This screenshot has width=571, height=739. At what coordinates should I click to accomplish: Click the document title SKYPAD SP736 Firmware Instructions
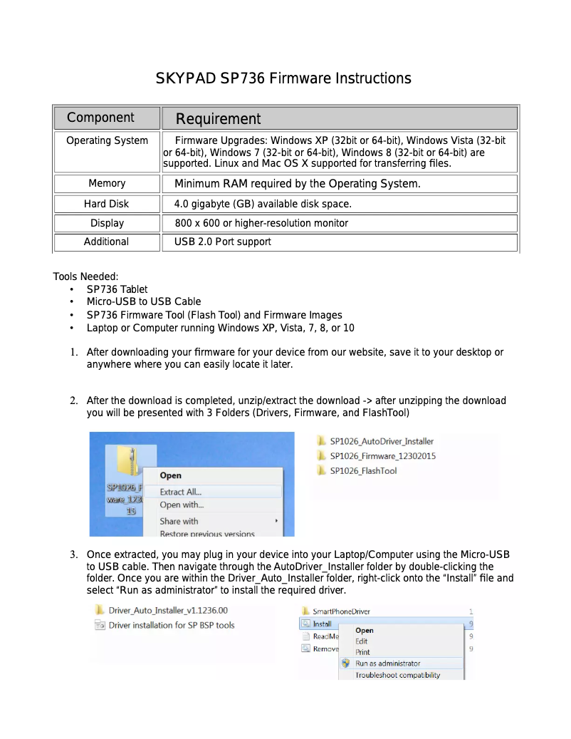click(x=283, y=78)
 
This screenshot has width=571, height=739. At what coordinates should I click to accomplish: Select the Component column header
click(x=100, y=118)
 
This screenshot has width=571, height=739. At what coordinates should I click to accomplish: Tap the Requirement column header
click(x=218, y=119)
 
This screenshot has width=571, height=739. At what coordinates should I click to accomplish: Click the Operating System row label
click(x=107, y=140)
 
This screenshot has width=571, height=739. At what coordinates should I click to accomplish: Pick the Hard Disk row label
click(x=106, y=204)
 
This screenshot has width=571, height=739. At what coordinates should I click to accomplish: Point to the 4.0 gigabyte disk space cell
click(x=263, y=204)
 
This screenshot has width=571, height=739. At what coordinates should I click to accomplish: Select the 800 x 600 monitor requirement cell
click(x=261, y=223)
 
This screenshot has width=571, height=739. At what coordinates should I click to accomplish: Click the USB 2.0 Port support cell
click(x=223, y=242)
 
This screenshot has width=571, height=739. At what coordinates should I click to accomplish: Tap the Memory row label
click(x=107, y=183)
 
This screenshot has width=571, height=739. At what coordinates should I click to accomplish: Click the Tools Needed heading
click(x=85, y=277)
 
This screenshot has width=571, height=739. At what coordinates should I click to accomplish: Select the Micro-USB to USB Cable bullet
click(x=144, y=301)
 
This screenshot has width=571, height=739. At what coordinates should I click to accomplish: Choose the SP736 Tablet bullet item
click(x=117, y=289)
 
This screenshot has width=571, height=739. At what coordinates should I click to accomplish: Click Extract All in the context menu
click(x=181, y=492)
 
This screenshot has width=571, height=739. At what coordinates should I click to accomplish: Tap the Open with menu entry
click(x=182, y=505)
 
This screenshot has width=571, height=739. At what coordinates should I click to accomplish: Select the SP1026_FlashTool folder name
click(x=363, y=471)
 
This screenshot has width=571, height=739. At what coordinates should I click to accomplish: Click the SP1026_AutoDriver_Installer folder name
click(x=382, y=441)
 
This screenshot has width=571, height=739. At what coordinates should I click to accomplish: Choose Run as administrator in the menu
click(x=388, y=663)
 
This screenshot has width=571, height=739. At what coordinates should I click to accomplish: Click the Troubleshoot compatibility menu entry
click(x=398, y=675)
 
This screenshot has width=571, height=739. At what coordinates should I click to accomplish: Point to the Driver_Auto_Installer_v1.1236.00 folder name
click(x=168, y=611)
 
